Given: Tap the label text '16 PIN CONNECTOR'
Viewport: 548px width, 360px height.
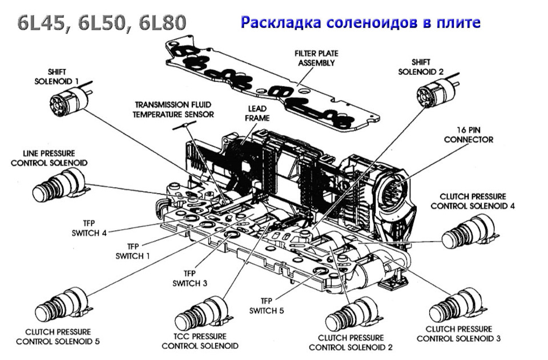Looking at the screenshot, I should [468, 135].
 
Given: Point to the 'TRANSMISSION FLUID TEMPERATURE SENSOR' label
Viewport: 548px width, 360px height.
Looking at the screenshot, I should [174, 110].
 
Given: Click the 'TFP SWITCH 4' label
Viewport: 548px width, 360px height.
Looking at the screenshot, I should [89, 228].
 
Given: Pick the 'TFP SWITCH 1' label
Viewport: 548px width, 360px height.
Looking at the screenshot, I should [132, 252].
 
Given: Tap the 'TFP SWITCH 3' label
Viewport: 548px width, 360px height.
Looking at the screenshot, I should [190, 278].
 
